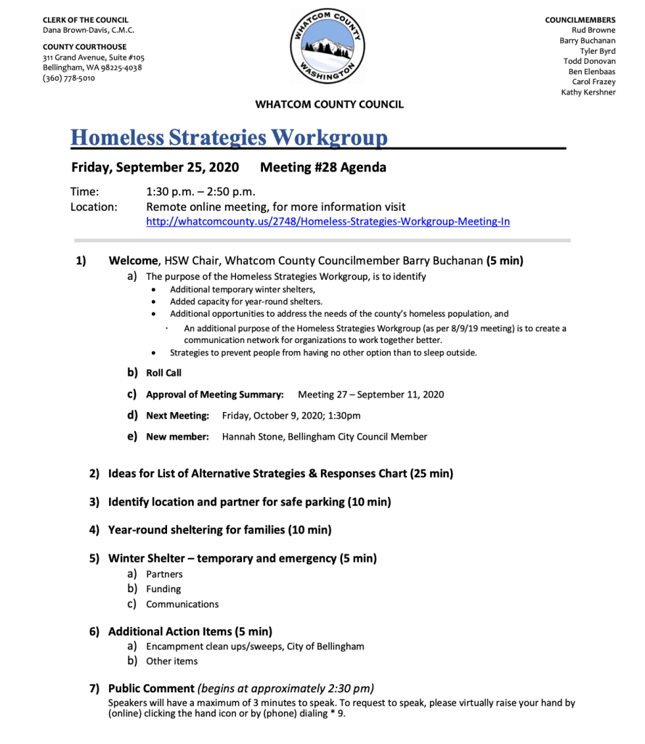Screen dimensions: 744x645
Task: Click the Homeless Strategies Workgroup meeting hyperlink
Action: click(x=328, y=222)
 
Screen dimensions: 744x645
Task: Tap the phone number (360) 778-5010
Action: click(x=69, y=78)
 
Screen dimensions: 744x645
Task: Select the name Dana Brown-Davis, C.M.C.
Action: click(x=89, y=31)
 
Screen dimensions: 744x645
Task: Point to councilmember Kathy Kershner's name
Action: click(x=588, y=92)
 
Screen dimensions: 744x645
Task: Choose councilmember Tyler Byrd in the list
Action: click(x=597, y=52)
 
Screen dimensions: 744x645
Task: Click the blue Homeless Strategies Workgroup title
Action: click(x=229, y=137)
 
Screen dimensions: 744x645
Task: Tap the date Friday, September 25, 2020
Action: click(x=155, y=168)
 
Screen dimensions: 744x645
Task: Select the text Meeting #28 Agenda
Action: click(x=323, y=168)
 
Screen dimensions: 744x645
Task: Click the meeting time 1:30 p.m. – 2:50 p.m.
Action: click(x=200, y=192)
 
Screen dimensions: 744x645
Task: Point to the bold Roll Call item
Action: click(x=163, y=373)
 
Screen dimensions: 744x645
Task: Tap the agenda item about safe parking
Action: click(x=249, y=502)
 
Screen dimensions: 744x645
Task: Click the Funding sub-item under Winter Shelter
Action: click(x=163, y=589)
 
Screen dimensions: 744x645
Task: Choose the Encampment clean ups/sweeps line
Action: click(x=255, y=646)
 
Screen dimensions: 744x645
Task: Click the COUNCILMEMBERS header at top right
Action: click(x=580, y=20)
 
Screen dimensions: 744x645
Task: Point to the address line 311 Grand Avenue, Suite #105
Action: click(x=94, y=57)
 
